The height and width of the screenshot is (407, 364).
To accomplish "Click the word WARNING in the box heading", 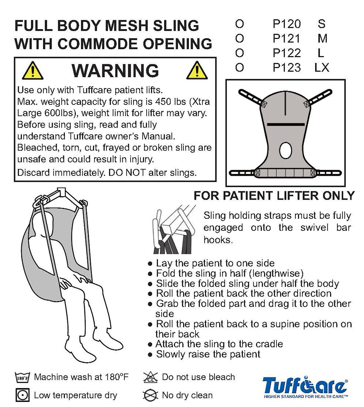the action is click(x=115, y=71).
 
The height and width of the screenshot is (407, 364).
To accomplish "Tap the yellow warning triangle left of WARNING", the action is click(x=32, y=71).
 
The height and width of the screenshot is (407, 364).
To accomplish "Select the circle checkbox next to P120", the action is click(x=239, y=24).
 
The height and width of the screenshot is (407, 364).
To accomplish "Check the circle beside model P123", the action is click(x=239, y=68).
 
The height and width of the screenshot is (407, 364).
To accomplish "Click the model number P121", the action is click(x=286, y=38).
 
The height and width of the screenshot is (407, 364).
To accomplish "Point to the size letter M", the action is click(x=322, y=38).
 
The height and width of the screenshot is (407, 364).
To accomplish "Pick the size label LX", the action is click(x=322, y=68).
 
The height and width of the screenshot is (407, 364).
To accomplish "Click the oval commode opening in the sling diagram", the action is click(x=285, y=151).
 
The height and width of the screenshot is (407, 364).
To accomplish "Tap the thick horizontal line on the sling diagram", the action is click(x=286, y=124).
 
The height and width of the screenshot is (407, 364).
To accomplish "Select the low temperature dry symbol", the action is click(x=22, y=395).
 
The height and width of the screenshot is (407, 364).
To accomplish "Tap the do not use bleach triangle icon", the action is click(x=150, y=377).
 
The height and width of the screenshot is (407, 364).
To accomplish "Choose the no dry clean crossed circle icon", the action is click(x=150, y=395).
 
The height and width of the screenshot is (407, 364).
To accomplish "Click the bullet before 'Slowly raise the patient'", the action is click(x=150, y=355).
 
